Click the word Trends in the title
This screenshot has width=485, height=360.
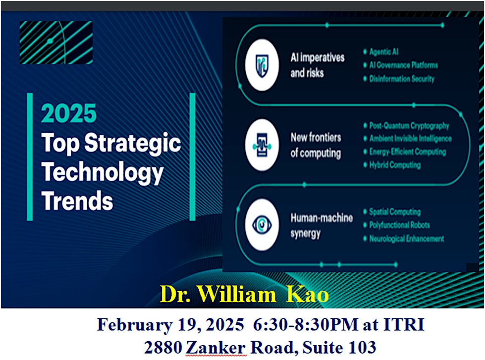[77, 202]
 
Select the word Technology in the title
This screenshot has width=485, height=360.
[103, 173]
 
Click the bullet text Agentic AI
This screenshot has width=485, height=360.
[383, 51]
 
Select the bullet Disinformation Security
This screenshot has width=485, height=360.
[401, 79]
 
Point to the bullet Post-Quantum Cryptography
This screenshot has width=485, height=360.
[409, 126]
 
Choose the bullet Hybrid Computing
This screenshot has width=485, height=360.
[394, 165]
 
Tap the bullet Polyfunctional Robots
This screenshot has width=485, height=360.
[399, 225]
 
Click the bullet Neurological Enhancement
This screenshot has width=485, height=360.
[406, 239]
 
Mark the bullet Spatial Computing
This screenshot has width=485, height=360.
[394, 212]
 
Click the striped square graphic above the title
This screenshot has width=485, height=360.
[56, 43]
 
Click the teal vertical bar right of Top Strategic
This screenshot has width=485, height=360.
[192, 156]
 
